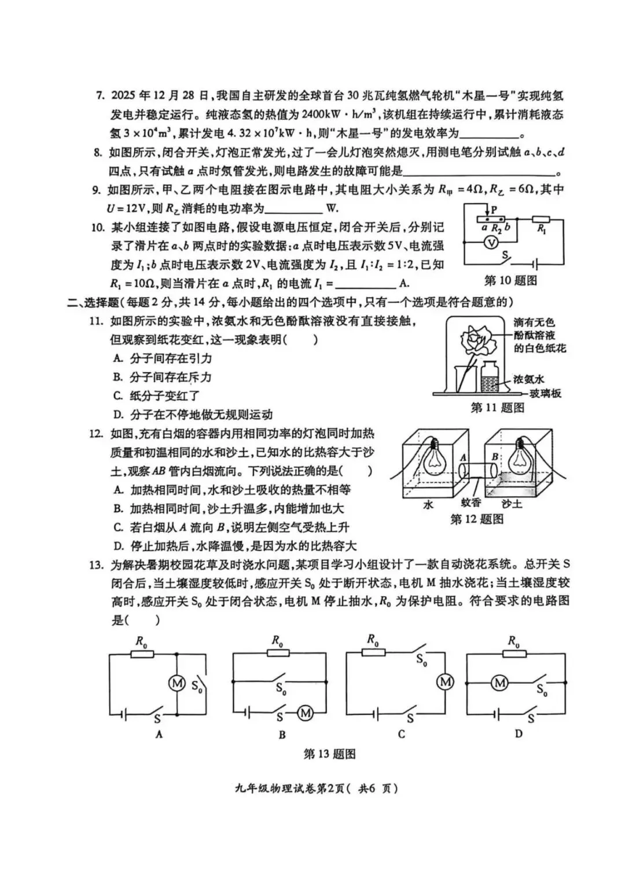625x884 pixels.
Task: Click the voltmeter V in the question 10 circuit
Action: coord(491,243)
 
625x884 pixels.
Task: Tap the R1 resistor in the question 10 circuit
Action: coord(542,219)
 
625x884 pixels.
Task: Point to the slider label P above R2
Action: coord(494,210)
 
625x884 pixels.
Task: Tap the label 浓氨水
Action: coord(529,379)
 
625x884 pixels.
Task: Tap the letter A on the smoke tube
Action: coord(463,457)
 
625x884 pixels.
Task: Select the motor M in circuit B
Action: coord(305,713)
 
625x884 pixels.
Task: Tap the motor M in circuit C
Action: coord(445,682)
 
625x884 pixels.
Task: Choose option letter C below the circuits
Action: coord(402,734)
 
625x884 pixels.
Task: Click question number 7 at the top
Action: coord(99,96)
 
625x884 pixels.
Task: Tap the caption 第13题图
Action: coord(329,754)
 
